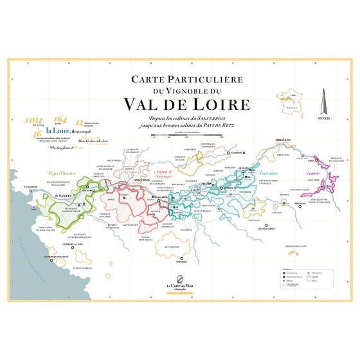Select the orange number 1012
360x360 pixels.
33,120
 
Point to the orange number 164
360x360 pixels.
60,118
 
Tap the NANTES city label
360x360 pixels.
64,195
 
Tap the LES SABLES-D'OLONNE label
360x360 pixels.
55,257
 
